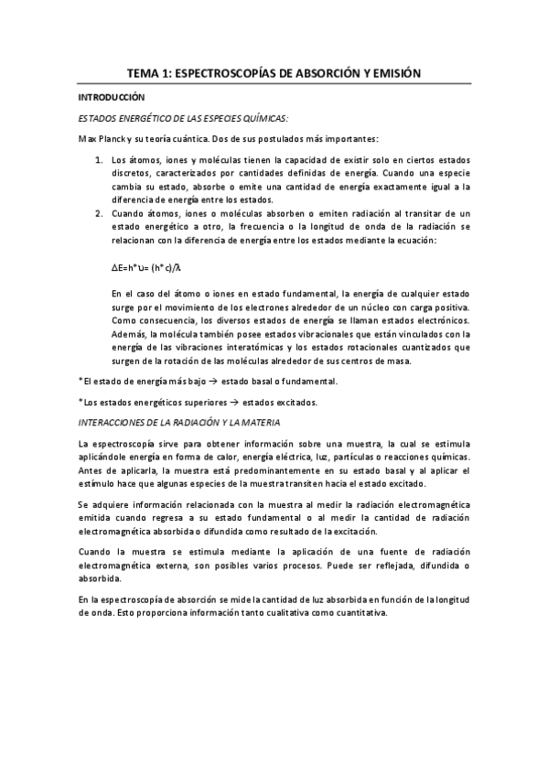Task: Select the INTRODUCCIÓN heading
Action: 112,97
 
